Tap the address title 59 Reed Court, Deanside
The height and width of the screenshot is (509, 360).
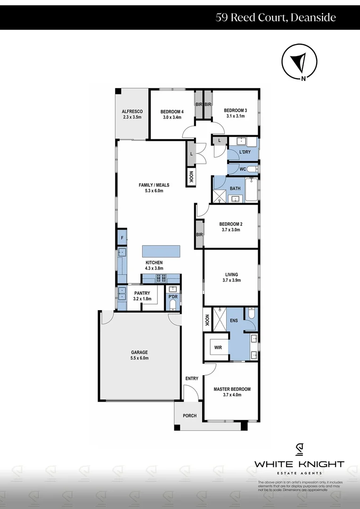[276, 18]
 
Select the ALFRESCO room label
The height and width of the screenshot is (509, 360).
[132, 111]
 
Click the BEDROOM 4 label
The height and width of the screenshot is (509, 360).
[172, 111]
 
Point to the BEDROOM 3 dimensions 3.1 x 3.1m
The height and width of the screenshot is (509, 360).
[235, 116]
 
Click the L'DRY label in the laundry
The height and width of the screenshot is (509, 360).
[245, 152]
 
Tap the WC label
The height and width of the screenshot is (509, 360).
[243, 169]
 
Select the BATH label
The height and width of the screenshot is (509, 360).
[235, 189]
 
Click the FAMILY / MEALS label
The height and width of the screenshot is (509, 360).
[154, 185]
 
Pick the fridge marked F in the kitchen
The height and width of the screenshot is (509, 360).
[122, 238]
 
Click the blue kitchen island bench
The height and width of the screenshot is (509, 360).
[161, 251]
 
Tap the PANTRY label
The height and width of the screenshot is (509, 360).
[142, 293]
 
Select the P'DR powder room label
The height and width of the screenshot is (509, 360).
[172, 297]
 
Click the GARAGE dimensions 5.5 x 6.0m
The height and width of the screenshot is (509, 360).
[139, 358]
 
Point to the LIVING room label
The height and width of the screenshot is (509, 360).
[231, 274]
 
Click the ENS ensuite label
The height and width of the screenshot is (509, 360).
[234, 320]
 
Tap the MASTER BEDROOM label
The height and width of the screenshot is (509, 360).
[232, 389]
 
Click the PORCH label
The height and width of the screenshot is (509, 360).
[190, 416]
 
